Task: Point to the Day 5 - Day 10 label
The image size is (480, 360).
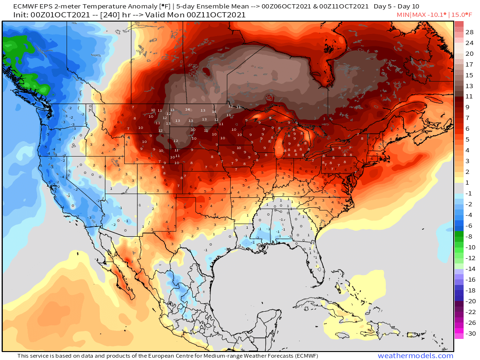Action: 396,7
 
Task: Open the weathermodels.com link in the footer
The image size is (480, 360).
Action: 415,356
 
